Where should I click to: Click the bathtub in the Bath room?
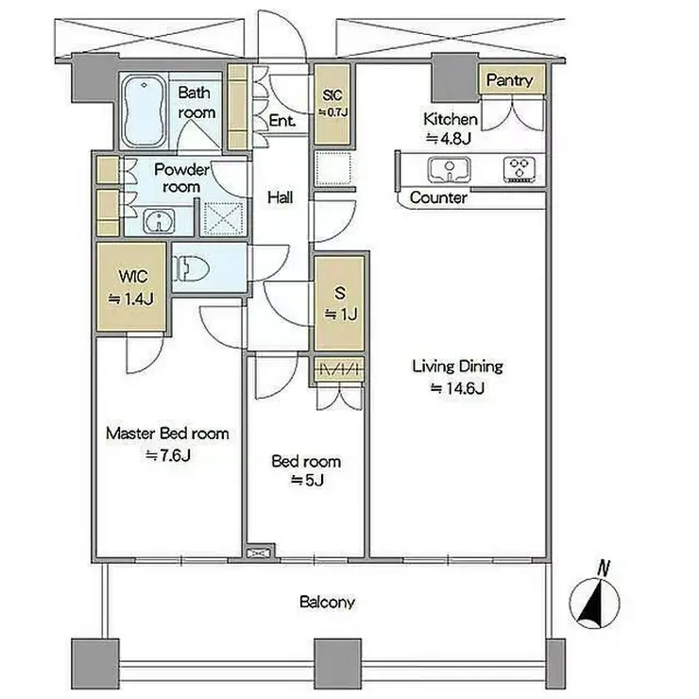click(144, 111)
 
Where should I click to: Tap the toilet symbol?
click(191, 268)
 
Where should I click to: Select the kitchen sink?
click(450, 169)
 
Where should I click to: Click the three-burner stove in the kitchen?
click(520, 169)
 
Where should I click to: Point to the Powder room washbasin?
click(159, 221)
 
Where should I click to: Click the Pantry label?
click(509, 80)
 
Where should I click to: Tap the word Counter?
click(438, 197)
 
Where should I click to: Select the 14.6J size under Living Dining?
click(458, 388)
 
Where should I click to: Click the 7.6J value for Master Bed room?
click(168, 455)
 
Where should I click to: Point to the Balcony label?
click(327, 603)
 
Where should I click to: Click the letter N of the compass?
click(604, 569)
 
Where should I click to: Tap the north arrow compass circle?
click(595, 604)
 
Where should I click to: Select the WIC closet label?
click(133, 277)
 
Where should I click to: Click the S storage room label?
click(340, 294)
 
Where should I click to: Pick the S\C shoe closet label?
click(333, 95)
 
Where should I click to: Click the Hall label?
click(281, 197)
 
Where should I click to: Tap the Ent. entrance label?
click(282, 120)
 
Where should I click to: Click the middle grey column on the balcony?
click(338, 662)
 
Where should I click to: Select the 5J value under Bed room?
click(307, 480)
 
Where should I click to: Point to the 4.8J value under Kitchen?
click(449, 139)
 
